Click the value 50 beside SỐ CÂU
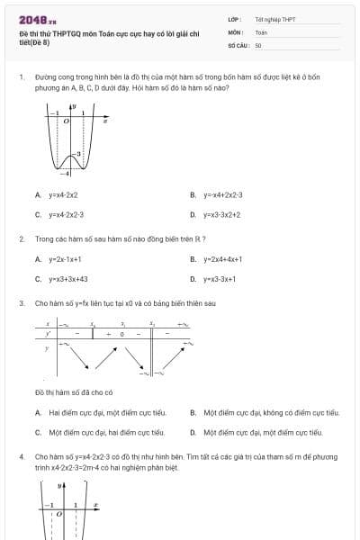tap(258, 44)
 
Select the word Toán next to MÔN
tap(261, 31)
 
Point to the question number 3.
tap(21, 303)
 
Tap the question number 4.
tap(21, 457)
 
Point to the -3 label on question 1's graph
tap(77, 156)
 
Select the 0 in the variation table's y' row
tap(122, 334)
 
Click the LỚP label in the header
tap(234, 19)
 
